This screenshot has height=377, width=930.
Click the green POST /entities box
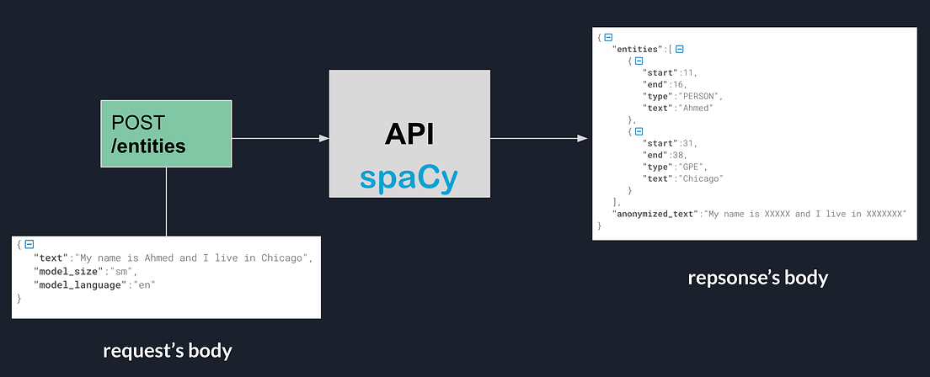tap(166, 133)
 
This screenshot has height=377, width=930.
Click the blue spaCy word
tap(409, 177)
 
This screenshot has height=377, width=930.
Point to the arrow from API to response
tap(538, 138)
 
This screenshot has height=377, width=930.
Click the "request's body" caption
tap(167, 350)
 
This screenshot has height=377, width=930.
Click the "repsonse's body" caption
tap(757, 278)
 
